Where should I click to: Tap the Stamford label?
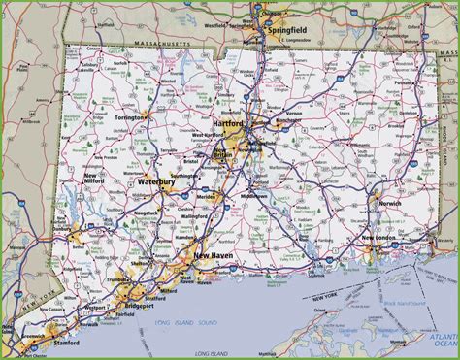click(x=67, y=342)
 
